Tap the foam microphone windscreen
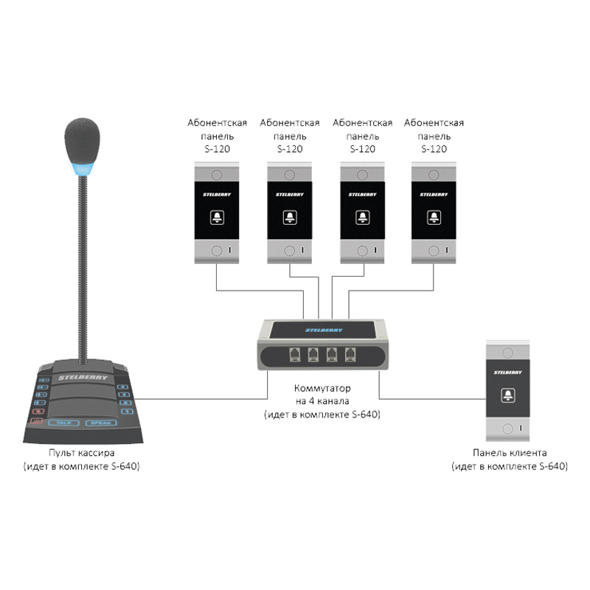[81, 141]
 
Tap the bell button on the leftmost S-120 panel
[217, 217]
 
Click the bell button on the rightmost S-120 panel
[434, 217]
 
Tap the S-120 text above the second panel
[290, 149]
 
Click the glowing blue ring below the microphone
[81, 173]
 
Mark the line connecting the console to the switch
[199, 399]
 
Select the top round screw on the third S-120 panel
[361, 176]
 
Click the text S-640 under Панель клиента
[552, 467]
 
